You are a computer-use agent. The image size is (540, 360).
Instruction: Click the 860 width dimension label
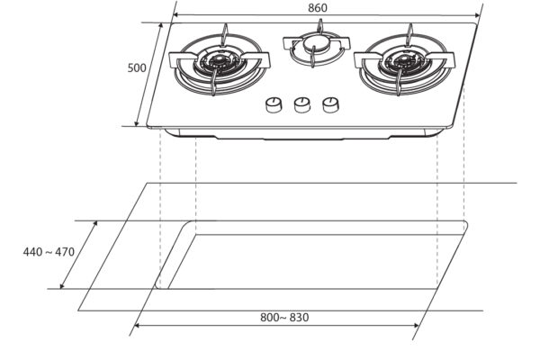(318, 8)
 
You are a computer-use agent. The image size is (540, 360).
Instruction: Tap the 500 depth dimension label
(137, 67)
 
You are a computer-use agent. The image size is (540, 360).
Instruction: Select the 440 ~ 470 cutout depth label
(49, 252)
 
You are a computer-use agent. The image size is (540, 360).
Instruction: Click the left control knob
(273, 106)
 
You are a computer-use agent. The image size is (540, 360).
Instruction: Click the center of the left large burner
(217, 63)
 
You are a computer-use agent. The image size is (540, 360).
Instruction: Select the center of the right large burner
(402, 63)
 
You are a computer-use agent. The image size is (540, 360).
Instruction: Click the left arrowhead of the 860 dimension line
(175, 15)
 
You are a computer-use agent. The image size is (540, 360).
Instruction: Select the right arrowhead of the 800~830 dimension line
(419, 326)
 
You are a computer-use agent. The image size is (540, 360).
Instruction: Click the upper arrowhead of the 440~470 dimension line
(97, 222)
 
